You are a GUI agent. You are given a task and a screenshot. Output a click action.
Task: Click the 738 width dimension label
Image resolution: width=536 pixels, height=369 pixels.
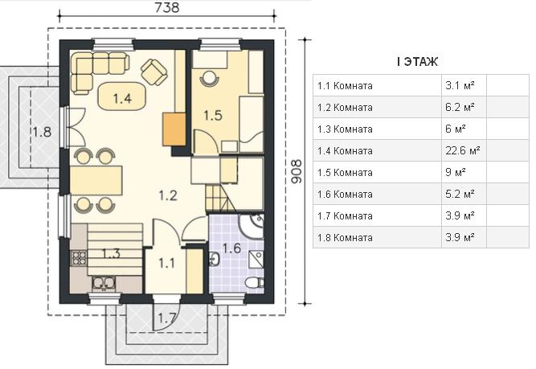(x=167, y=7)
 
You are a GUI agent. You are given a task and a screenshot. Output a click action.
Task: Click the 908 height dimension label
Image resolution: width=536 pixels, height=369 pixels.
(x=297, y=172)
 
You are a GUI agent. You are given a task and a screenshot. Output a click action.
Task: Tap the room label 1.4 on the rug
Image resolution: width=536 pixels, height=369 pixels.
(x=122, y=99)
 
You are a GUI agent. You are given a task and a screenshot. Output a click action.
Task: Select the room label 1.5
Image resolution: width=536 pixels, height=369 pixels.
(x=213, y=115)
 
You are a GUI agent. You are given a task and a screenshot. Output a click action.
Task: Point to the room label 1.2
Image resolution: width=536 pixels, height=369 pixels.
(x=168, y=195)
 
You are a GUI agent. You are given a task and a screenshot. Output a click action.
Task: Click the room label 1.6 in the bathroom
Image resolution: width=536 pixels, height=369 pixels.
(x=231, y=248)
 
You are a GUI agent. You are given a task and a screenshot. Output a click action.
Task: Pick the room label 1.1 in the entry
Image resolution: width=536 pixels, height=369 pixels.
(x=166, y=263)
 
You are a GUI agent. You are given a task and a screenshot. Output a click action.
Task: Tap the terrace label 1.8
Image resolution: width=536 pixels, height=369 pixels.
(x=42, y=132)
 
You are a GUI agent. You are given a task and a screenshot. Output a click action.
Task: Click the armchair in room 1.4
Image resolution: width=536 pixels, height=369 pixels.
(x=153, y=72)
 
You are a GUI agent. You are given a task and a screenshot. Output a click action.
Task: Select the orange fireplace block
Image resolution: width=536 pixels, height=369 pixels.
(x=174, y=129)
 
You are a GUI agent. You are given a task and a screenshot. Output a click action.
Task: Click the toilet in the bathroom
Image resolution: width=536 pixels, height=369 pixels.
(x=255, y=282)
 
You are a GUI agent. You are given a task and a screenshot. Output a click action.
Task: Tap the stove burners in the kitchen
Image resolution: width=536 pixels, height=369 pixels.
(x=79, y=257)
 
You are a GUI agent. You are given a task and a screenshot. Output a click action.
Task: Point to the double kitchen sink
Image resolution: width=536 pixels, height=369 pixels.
(x=104, y=283)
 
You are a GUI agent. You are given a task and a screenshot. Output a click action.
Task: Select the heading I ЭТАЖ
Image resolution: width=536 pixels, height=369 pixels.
(x=417, y=62)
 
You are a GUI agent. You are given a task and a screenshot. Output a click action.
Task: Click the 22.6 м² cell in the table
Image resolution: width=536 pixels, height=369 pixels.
(x=463, y=150)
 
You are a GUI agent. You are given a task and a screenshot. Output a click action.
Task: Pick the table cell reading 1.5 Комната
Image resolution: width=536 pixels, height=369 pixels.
(x=345, y=172)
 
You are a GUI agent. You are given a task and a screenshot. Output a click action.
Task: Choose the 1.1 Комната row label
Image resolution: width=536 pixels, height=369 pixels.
(x=345, y=85)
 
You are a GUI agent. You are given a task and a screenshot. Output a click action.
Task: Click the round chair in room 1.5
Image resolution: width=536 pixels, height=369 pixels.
(x=209, y=78)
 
